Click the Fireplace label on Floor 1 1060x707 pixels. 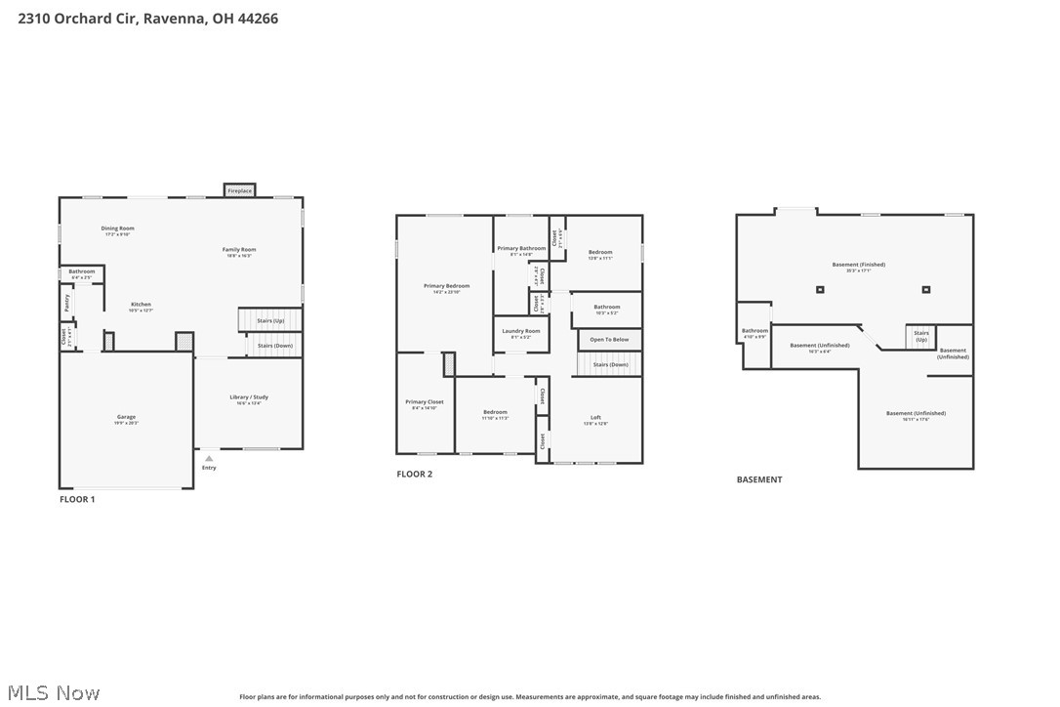tap(240, 191)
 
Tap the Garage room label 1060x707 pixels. tap(127, 417)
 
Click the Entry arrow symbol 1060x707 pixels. tap(209, 458)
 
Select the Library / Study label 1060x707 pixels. tap(249, 397)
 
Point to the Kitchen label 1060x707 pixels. tap(141, 305)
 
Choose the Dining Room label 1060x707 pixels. tap(117, 229)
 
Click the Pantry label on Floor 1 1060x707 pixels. tap(67, 304)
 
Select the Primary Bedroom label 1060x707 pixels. tap(446, 286)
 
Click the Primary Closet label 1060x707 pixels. tap(425, 402)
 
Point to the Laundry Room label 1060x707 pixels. tap(520, 331)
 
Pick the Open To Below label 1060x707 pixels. tap(609, 340)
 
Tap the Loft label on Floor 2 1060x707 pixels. tap(595, 418)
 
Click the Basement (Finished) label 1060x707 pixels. tap(859, 265)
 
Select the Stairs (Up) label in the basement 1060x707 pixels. tap(921, 335)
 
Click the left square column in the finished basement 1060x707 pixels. tap(820, 289)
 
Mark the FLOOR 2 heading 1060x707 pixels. tap(414, 475)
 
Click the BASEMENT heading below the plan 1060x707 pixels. tap(759, 479)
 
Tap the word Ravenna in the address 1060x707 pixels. tap(174, 18)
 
